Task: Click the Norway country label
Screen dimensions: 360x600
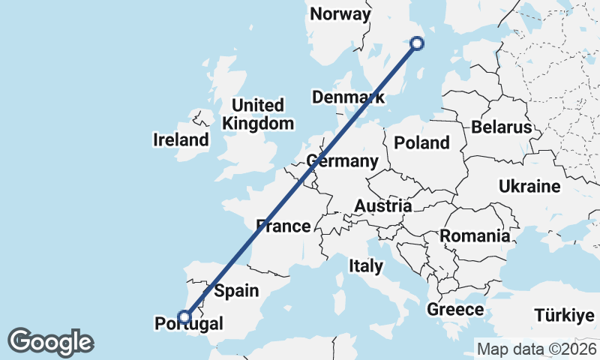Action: (x=340, y=14)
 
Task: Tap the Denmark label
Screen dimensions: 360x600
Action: (x=348, y=97)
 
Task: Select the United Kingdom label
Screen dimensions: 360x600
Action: (x=258, y=114)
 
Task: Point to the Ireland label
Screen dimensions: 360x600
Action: (x=181, y=140)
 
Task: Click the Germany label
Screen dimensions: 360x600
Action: (x=342, y=161)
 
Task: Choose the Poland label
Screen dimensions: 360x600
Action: (x=421, y=142)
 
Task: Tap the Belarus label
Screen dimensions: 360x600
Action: (x=501, y=127)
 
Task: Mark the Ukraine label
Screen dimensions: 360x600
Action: (x=529, y=186)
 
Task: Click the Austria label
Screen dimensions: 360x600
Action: (x=382, y=205)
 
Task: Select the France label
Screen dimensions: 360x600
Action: (x=283, y=226)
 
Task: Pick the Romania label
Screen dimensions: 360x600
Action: (x=475, y=236)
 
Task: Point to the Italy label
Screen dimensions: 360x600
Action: (x=366, y=265)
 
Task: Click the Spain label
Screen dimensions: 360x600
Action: (x=236, y=291)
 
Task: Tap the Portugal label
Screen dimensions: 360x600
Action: (x=188, y=324)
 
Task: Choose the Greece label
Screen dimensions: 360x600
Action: (x=455, y=310)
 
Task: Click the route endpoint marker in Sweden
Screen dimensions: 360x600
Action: (x=418, y=44)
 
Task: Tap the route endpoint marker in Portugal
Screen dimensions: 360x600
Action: (x=183, y=316)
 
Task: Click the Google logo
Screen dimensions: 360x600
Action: (x=50, y=342)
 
